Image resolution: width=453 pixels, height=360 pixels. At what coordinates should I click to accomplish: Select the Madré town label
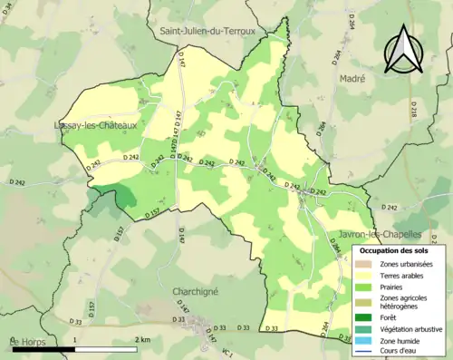point(352,79)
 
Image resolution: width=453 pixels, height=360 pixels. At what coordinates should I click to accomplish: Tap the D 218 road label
point(413,110)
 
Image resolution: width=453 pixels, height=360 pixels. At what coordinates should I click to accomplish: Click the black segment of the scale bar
point(43,348)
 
